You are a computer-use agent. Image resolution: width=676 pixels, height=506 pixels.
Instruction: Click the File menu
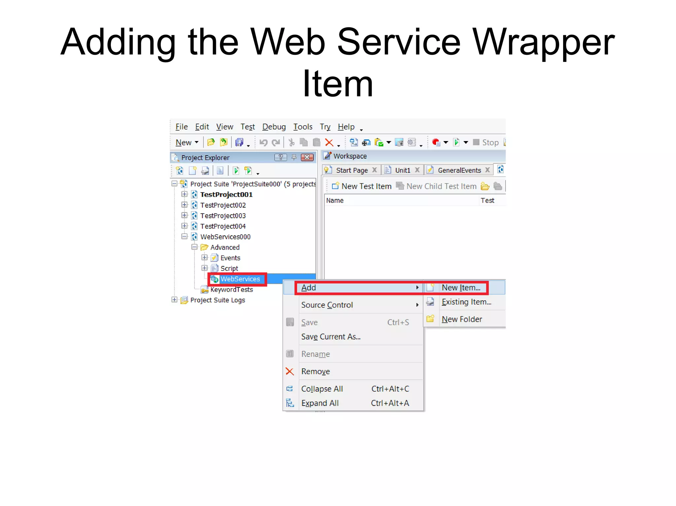pyautogui.click(x=181, y=127)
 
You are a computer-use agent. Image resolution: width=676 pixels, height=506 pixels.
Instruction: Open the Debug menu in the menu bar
pyautogui.click(x=274, y=127)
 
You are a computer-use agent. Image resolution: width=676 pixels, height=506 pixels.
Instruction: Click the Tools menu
pyautogui.click(x=302, y=127)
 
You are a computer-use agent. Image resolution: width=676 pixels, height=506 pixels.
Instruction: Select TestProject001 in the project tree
pyautogui.click(x=226, y=194)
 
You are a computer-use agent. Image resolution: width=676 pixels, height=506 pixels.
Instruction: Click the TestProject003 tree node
pyautogui.click(x=223, y=216)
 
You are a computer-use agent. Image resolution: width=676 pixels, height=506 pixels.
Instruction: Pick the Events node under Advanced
pyautogui.click(x=230, y=258)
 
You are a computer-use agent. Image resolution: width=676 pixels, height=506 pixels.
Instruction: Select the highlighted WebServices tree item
pyautogui.click(x=240, y=279)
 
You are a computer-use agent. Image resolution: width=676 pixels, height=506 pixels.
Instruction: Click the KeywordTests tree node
pyautogui.click(x=231, y=289)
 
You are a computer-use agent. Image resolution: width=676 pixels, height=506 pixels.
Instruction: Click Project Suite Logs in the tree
pyautogui.click(x=218, y=300)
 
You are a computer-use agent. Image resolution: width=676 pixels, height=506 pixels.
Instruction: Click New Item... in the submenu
pyautogui.click(x=461, y=287)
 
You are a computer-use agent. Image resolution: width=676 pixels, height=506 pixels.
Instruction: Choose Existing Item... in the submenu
pyautogui.click(x=466, y=302)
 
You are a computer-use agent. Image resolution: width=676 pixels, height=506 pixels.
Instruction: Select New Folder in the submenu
pyautogui.click(x=462, y=319)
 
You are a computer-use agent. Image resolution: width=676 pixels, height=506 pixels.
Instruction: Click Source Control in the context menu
pyautogui.click(x=327, y=305)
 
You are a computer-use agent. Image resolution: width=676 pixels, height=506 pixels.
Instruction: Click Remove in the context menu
pyautogui.click(x=315, y=371)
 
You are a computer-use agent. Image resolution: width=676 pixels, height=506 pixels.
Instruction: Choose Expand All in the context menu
pyautogui.click(x=320, y=403)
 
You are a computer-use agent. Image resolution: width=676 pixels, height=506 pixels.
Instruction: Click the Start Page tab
pyautogui.click(x=352, y=170)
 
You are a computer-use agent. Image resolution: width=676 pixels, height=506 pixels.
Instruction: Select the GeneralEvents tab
pyautogui.click(x=459, y=170)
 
